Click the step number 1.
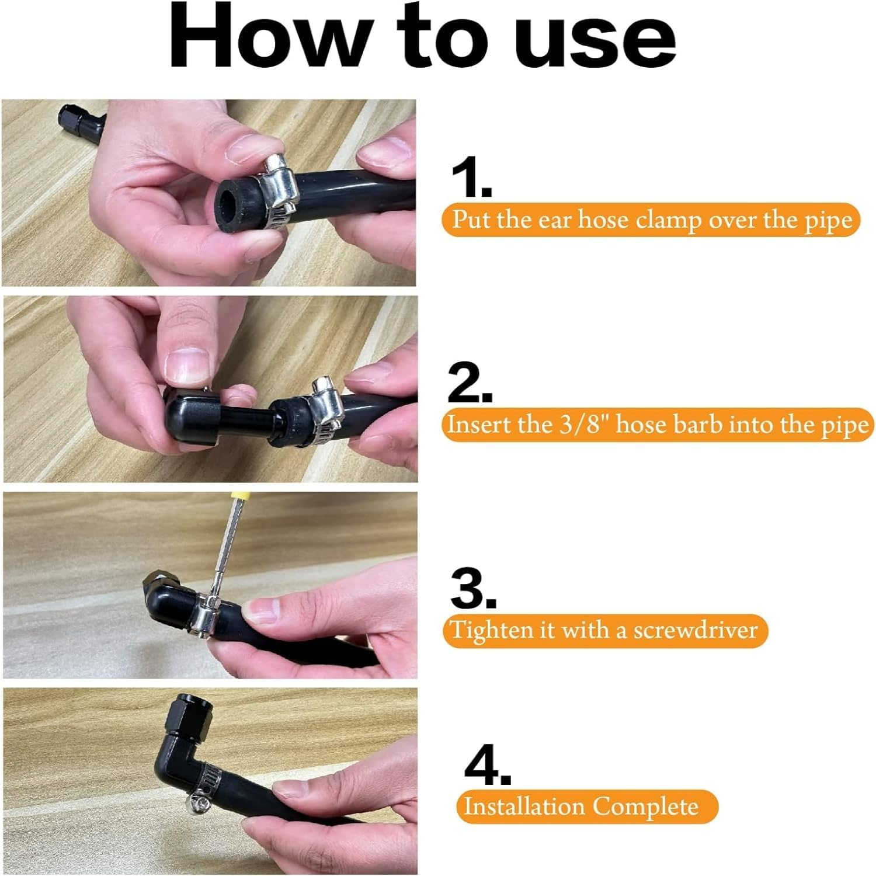(471, 179)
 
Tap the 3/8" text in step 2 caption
(585, 425)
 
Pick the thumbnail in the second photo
(187, 365)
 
